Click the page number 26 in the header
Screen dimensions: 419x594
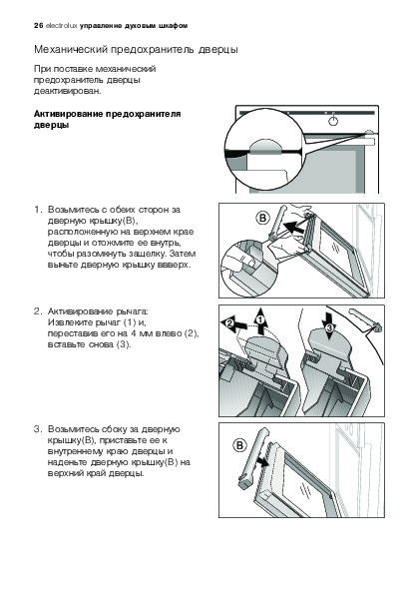click(38, 26)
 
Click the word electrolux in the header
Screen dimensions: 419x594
click(61, 26)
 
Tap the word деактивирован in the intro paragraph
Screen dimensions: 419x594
click(68, 91)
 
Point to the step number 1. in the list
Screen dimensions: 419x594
click(38, 210)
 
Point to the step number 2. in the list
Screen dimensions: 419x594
click(38, 311)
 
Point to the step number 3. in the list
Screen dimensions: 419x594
click(38, 429)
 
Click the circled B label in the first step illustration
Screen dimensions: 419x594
click(263, 219)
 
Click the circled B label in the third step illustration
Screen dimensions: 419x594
click(239, 445)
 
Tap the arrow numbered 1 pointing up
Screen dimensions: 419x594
click(260, 321)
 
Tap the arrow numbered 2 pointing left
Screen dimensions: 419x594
click(233, 324)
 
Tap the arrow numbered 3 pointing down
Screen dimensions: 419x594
click(329, 325)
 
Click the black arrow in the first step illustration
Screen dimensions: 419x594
click(293, 228)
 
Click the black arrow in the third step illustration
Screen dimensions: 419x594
click(261, 462)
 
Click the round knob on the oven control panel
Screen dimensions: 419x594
click(332, 121)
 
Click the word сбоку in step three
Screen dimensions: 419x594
click(115, 429)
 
